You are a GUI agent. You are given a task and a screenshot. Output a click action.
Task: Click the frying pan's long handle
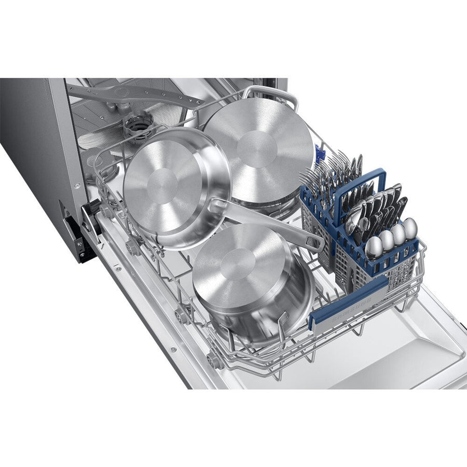(x=270, y=221)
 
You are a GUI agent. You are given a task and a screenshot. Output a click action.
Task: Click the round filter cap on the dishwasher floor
(x=138, y=125)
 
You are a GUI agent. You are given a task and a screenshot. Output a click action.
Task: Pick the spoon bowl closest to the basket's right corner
(x=410, y=227)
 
